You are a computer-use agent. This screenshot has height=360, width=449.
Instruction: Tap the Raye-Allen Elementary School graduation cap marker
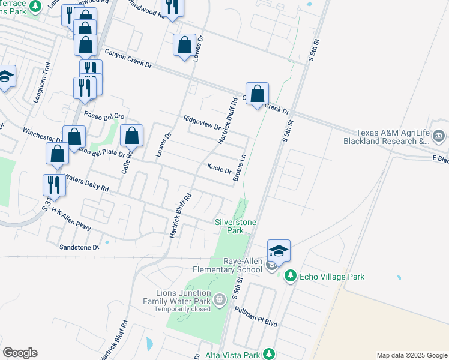click(279, 250)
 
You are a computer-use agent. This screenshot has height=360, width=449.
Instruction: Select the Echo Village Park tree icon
click(291, 276)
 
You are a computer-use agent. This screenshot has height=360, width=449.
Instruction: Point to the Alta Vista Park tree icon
click(270, 355)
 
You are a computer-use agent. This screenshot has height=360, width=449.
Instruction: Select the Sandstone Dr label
click(79, 247)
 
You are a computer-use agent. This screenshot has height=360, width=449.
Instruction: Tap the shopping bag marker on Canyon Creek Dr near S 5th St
click(257, 94)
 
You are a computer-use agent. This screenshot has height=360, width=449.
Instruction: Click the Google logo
click(20, 353)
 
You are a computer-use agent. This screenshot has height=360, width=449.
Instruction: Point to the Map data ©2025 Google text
click(411, 355)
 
